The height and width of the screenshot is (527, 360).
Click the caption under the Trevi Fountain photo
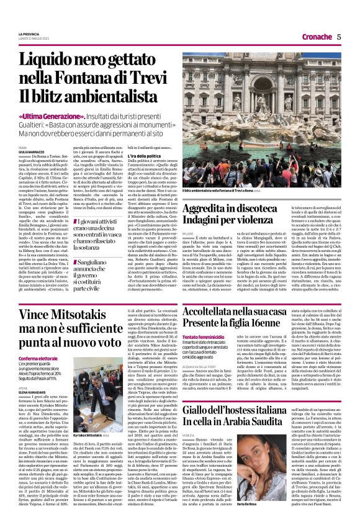click(223, 191)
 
